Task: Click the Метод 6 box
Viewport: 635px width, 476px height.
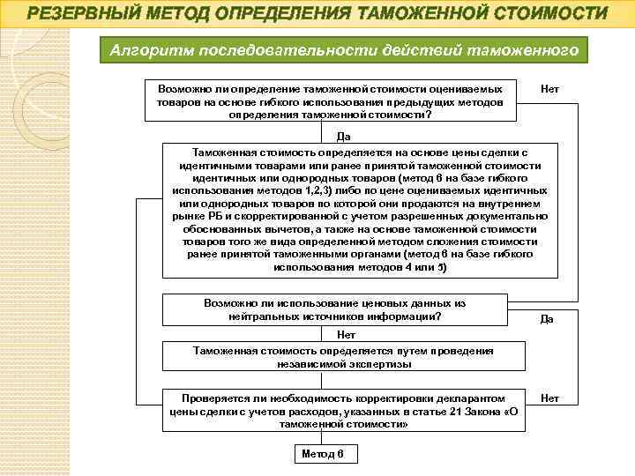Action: click(323, 454)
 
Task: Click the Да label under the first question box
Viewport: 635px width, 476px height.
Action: click(344, 137)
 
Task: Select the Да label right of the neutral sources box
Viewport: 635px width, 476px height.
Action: click(547, 319)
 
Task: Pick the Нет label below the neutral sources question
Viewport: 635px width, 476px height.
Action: click(346, 335)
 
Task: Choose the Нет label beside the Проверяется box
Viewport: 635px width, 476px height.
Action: click(549, 398)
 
